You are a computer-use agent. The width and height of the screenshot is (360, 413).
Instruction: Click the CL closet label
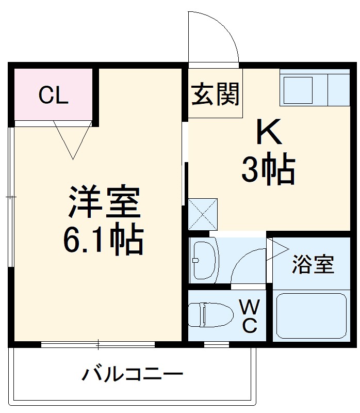(54, 96)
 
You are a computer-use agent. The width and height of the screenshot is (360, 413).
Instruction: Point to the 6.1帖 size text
(103, 239)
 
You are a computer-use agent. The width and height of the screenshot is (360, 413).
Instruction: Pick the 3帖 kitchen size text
(268, 170)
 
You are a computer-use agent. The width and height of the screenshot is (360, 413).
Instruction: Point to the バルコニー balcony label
(132, 374)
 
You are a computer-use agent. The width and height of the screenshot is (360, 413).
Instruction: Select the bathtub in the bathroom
(310, 316)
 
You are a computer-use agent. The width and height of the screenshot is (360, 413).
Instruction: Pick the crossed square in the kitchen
(203, 214)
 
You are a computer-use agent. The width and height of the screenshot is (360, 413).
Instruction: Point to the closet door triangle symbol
(72, 139)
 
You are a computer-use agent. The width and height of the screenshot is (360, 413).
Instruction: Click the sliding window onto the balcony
(98, 344)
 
